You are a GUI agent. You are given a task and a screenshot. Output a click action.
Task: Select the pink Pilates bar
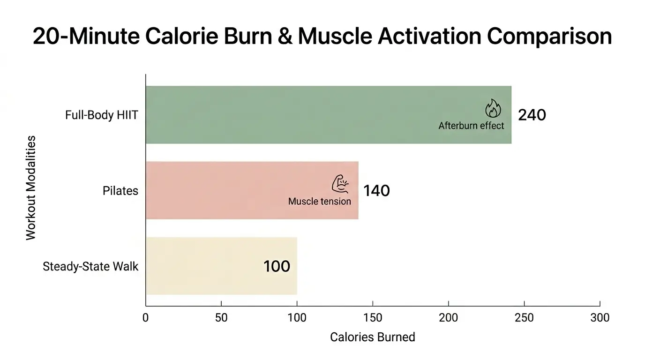point(234,190)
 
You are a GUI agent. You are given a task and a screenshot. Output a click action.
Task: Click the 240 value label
point(532,115)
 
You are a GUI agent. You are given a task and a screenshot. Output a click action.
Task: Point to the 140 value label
point(376,191)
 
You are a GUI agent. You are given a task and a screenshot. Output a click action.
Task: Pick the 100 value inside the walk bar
point(277,266)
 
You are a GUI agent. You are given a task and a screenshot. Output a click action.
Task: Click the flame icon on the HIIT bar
point(493,108)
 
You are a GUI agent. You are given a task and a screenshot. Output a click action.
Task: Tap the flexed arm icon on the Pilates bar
point(339,184)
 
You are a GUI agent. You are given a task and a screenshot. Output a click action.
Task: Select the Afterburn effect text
point(471,126)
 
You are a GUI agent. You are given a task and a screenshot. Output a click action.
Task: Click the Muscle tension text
point(319,202)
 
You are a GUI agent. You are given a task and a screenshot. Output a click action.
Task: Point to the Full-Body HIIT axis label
point(102,115)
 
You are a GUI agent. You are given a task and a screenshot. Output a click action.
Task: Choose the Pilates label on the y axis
point(120,191)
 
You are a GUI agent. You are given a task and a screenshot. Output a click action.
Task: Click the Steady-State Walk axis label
point(90,267)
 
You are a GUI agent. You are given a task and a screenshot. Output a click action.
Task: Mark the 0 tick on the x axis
point(146,318)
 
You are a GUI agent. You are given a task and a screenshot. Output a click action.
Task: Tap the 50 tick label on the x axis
point(221,318)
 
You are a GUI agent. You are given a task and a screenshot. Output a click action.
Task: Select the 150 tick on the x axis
point(373,318)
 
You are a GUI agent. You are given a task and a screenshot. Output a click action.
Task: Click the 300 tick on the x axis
point(600,318)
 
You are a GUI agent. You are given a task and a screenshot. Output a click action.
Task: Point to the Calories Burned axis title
point(373,337)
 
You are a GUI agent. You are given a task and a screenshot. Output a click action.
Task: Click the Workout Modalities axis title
point(31,187)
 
